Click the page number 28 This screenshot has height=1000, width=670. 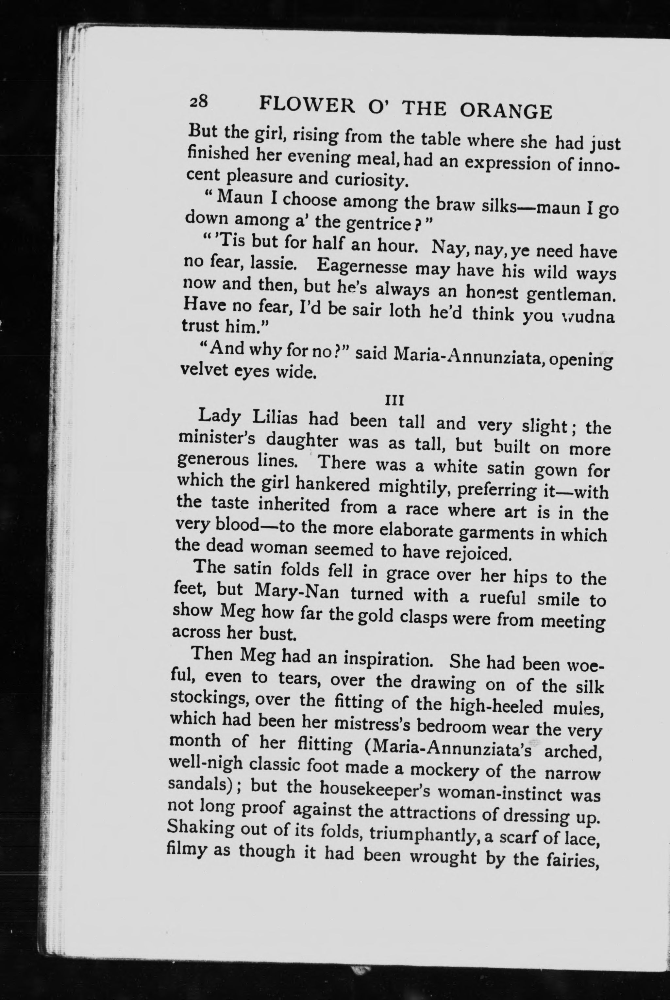pos(198,103)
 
